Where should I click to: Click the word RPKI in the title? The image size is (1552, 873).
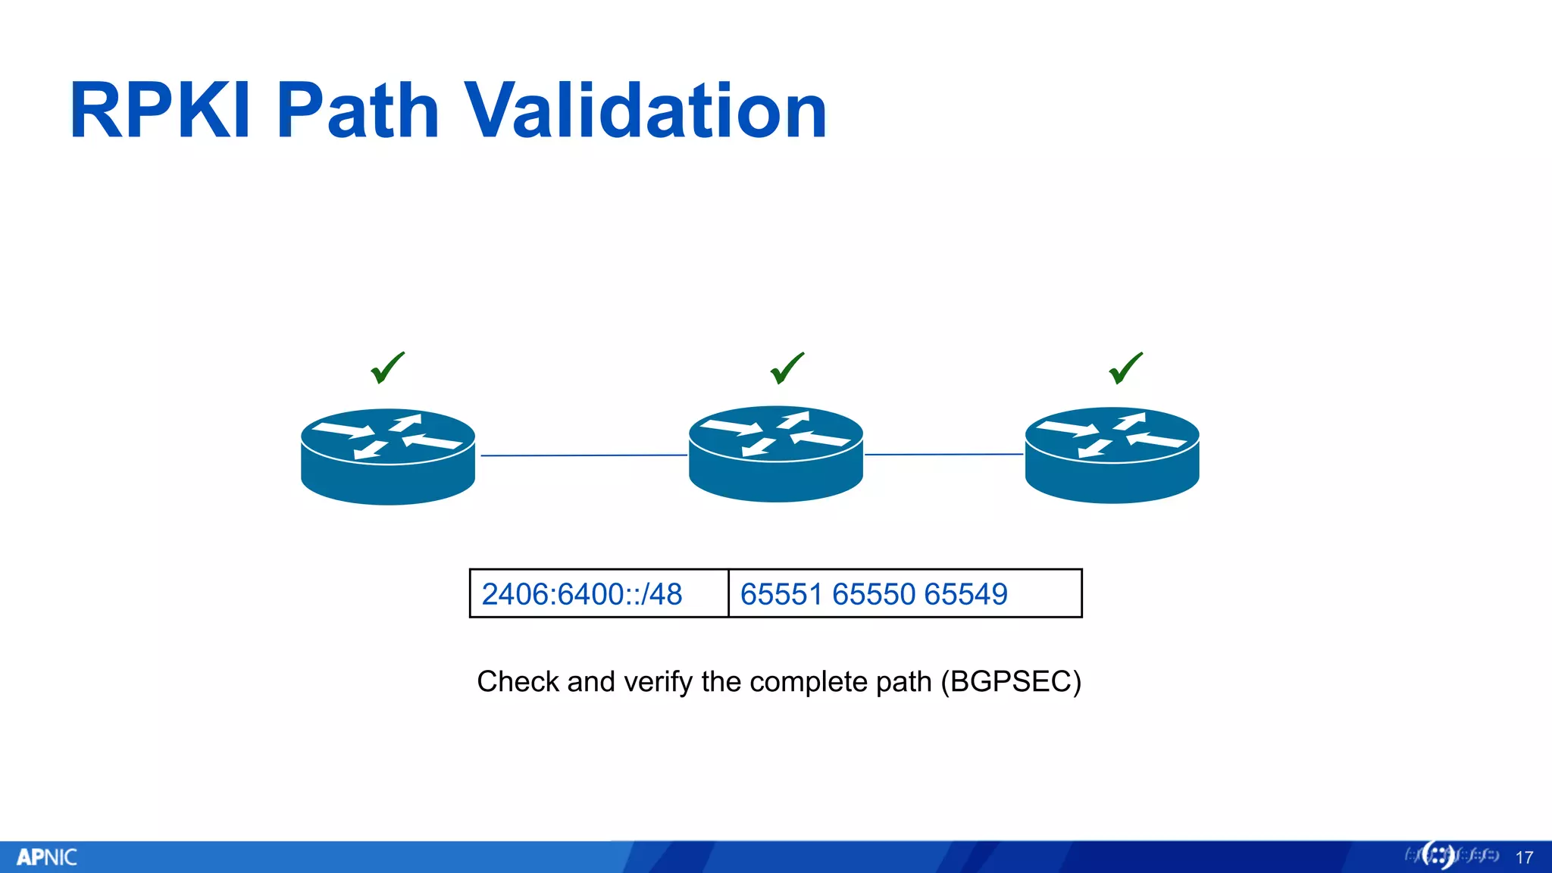point(160,111)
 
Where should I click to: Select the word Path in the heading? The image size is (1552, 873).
point(358,111)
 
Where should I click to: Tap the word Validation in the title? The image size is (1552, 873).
point(645,111)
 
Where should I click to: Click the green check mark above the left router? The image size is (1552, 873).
point(387,368)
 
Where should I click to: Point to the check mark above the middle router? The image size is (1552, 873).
point(787,368)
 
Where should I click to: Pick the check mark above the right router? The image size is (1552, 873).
point(1125,368)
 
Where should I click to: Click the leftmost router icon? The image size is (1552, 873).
point(388,456)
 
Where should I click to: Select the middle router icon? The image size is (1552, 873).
point(776,454)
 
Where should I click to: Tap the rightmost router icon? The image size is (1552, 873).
point(1112,455)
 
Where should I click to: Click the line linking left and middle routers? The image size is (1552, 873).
point(584,455)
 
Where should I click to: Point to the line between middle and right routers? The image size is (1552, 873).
point(943,455)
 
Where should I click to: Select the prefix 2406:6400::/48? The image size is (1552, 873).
point(582,594)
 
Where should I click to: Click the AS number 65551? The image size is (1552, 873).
point(781,594)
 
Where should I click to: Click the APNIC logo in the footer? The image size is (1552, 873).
point(47,857)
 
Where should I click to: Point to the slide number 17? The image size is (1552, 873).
point(1524,858)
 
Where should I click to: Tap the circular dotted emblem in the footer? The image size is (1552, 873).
point(1438,856)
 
